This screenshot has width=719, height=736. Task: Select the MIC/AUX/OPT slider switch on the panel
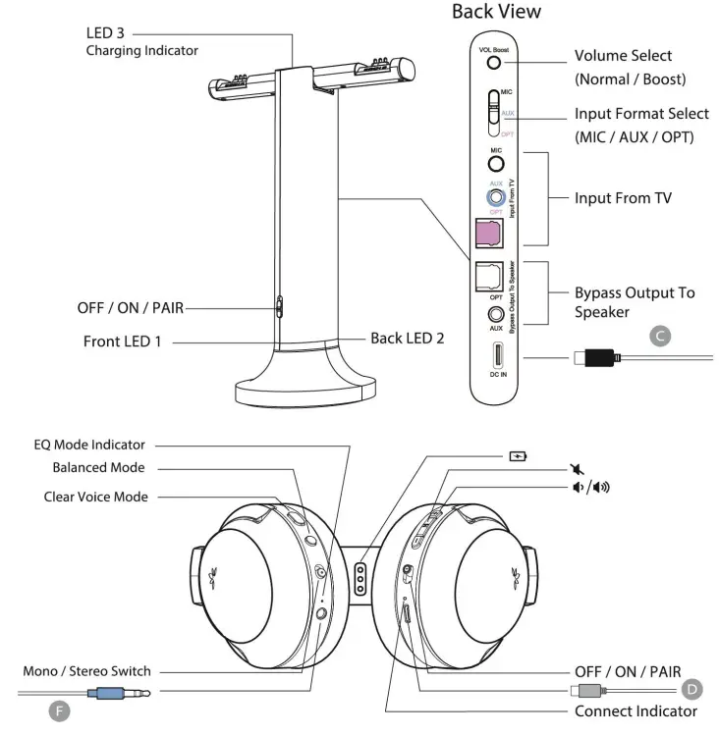point(494,114)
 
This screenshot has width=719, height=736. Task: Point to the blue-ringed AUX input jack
point(496,197)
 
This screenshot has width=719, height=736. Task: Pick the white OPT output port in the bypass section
point(488,278)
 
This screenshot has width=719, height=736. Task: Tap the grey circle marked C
point(661,337)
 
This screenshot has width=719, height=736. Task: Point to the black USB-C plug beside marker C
point(598,357)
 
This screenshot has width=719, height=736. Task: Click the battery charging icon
point(518,455)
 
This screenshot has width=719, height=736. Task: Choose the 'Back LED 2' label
point(407,338)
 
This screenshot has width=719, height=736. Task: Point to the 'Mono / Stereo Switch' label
point(87,671)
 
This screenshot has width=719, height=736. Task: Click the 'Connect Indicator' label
point(636,710)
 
